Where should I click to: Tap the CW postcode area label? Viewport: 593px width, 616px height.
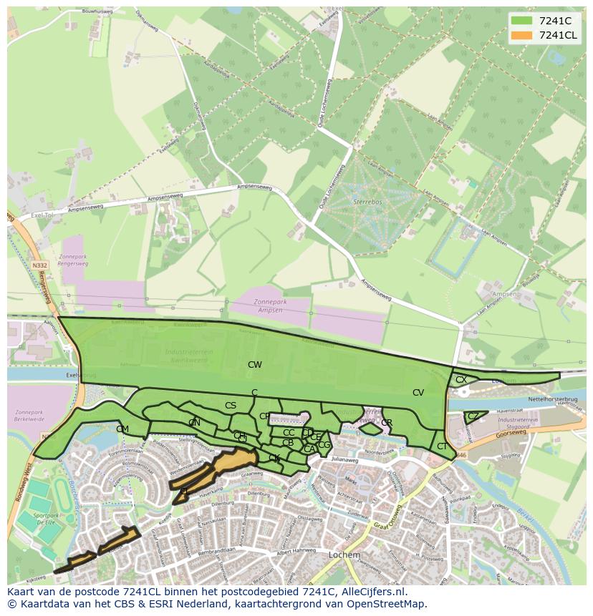pos(254,365)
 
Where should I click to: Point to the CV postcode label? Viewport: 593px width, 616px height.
pos(418,393)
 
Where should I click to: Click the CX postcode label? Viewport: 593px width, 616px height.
pos(461,380)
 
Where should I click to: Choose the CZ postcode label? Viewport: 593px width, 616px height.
pos(473,416)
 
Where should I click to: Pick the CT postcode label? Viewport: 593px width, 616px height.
pos(442,446)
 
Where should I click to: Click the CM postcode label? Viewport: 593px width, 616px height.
pos(122,429)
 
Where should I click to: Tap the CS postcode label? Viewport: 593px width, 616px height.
pos(231,406)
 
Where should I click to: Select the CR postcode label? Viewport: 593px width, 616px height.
pos(387,423)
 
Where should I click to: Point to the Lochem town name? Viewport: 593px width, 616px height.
pos(344,554)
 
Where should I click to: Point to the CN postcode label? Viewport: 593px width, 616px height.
pos(194,423)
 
